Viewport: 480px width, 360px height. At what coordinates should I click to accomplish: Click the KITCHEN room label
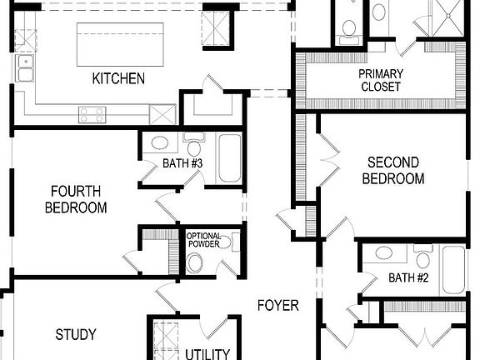pyautogui.click(x=118, y=79)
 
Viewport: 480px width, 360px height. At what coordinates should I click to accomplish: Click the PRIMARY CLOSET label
pyautogui.click(x=380, y=80)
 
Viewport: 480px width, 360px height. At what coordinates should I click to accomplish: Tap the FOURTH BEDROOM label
pyautogui.click(x=76, y=198)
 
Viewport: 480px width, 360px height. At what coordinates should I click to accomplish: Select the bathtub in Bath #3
pyautogui.click(x=229, y=158)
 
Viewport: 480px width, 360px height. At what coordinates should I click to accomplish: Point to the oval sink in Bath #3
pyautogui.click(x=159, y=142)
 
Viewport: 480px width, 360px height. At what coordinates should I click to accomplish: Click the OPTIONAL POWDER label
pyautogui.click(x=202, y=240)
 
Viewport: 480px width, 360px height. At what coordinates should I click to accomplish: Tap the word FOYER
pyautogui.click(x=277, y=306)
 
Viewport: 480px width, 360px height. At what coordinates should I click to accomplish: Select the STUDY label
pyautogui.click(x=76, y=335)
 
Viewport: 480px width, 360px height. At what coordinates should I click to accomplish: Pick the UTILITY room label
pyautogui.click(x=207, y=353)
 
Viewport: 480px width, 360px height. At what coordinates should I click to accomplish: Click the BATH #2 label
pyautogui.click(x=408, y=278)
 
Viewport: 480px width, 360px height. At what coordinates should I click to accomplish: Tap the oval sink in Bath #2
pyautogui.click(x=385, y=253)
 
